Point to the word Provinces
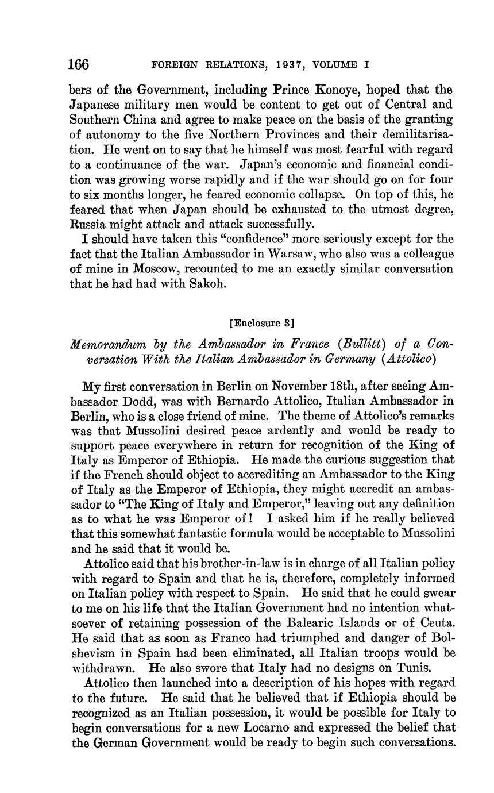[x=268, y=135]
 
